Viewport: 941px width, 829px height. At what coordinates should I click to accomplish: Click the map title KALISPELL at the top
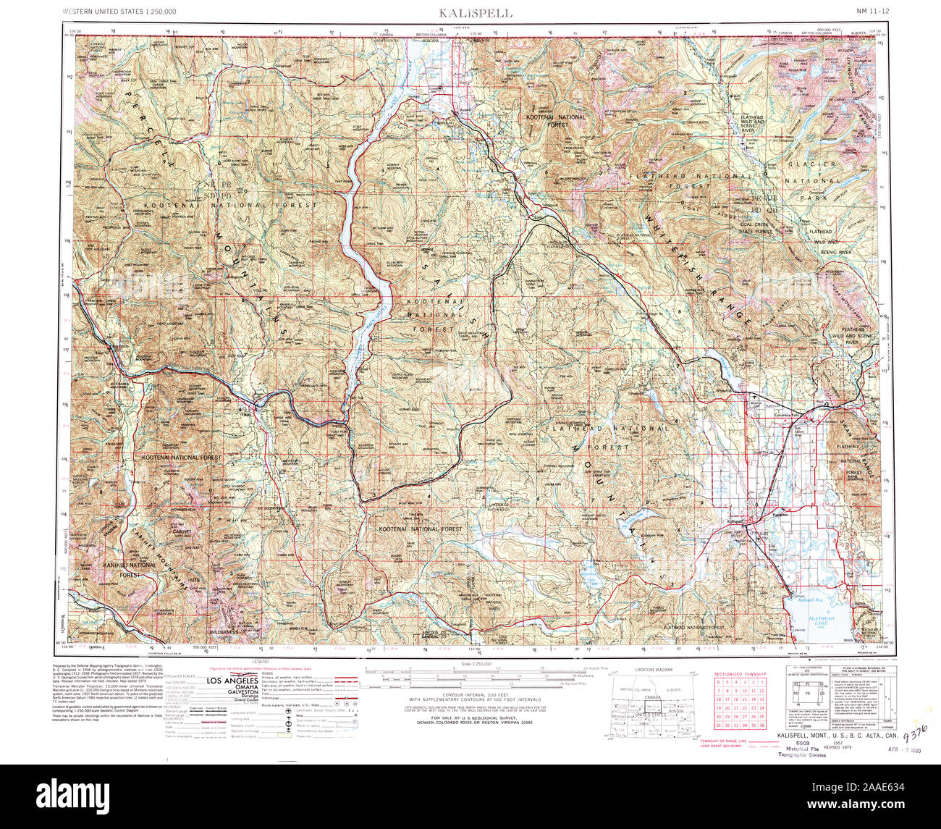476,13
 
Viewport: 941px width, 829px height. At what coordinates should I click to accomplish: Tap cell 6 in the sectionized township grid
718,682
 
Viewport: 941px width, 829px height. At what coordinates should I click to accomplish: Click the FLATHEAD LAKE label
821,620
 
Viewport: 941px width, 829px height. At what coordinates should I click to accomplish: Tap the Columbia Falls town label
785,415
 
